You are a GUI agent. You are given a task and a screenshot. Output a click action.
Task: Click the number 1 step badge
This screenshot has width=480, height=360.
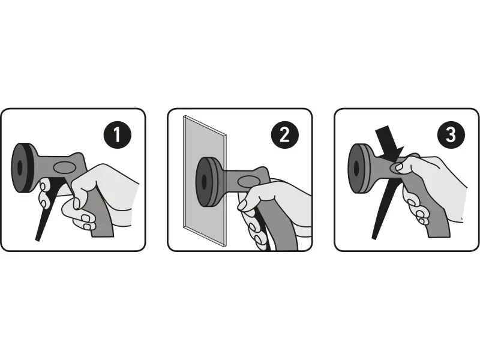click(x=117, y=134)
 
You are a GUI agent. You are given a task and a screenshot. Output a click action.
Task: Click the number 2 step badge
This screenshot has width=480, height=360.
click(x=284, y=134)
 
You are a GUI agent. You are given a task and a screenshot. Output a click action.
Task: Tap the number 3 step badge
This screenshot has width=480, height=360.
click(x=451, y=134)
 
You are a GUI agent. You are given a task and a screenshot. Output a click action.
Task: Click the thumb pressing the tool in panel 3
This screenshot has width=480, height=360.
click(x=398, y=166)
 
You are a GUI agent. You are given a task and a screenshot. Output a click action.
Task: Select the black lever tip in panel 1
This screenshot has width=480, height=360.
click(x=37, y=239)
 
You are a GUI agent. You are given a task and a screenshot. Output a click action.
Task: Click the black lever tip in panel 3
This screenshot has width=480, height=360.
click(x=374, y=236)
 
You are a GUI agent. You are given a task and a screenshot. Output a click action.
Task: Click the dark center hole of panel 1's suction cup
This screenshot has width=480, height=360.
click(x=20, y=167)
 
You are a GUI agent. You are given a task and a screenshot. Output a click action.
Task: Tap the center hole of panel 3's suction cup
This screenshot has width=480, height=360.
click(x=356, y=168)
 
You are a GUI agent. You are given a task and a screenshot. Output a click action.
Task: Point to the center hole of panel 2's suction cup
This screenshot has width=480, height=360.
click(x=203, y=182)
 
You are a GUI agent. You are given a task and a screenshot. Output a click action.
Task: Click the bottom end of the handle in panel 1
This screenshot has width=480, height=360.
click(x=103, y=235)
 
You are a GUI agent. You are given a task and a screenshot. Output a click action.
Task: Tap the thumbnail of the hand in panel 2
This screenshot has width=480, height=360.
click(x=242, y=205)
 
